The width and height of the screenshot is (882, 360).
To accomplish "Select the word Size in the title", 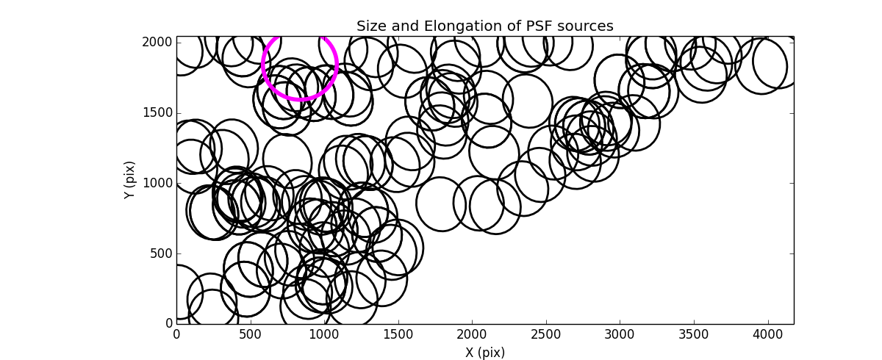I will [371, 26].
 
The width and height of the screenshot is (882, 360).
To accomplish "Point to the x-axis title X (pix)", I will [485, 352].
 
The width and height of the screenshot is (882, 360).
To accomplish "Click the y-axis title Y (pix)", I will [130, 180].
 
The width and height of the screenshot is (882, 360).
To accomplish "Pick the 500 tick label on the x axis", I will [251, 335].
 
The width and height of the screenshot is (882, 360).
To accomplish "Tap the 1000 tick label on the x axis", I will [324, 335].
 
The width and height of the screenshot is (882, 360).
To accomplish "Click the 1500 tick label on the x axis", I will [398, 335].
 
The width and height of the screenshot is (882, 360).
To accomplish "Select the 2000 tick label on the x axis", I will [472, 335].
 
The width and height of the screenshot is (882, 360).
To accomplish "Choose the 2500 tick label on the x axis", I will [546, 335].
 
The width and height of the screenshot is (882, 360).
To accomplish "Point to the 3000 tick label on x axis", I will [620, 335].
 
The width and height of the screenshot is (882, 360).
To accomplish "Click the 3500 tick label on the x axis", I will [694, 335].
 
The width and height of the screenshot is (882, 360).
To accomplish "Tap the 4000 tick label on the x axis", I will [768, 335].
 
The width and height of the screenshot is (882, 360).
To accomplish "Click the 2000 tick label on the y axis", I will [158, 43].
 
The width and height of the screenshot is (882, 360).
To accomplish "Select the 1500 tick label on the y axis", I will [158, 113].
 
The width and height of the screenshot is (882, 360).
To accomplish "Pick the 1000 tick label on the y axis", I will [158, 183].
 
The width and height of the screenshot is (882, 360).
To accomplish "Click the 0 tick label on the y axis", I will [168, 324].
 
